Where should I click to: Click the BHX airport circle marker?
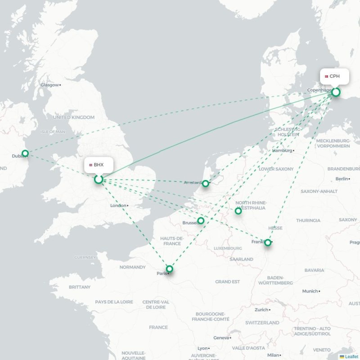coord(99,180)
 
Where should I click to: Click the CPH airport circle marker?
coord(336,92)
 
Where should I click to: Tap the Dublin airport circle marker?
coord(25,153)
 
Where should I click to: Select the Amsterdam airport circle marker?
coord(206,183)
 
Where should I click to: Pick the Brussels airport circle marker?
coord(201,220)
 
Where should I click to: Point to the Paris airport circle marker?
coord(169,269)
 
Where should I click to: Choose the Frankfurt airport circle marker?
coord(268,243)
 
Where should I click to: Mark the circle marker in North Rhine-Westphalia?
coord(238,211)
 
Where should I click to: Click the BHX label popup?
coord(97,165)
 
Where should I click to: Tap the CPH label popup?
coord(334,76)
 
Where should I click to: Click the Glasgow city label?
coord(49,85)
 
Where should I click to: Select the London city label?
coord(118,206)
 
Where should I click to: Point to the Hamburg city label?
coord(282,151)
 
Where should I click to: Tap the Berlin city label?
coord(342,179)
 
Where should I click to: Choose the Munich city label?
coord(310,291)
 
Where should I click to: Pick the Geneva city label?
coord(221,337)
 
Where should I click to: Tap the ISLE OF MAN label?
coord(53,132)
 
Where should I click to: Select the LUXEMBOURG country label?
coord(228,248)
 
